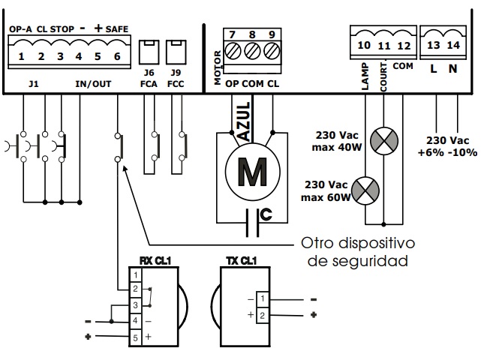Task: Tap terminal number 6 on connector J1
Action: pyautogui.click(x=117, y=56)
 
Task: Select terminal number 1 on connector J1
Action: pyautogui.click(x=22, y=56)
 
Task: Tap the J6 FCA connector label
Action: pyautogui.click(x=149, y=78)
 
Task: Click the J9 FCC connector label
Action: pyautogui.click(x=176, y=78)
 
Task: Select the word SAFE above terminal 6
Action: pyautogui.click(x=117, y=29)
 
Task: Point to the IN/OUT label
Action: pyautogui.click(x=93, y=84)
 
